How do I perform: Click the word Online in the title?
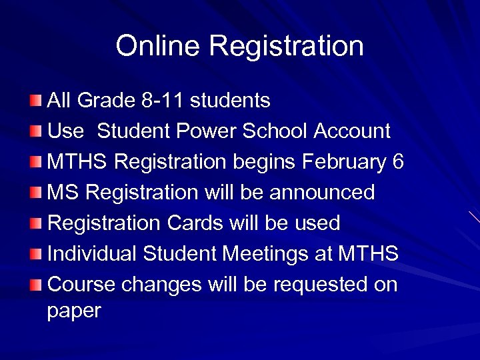[159, 46]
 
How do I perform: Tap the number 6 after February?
[398, 162]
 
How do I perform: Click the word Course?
[81, 285]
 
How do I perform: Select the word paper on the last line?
[74, 311]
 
